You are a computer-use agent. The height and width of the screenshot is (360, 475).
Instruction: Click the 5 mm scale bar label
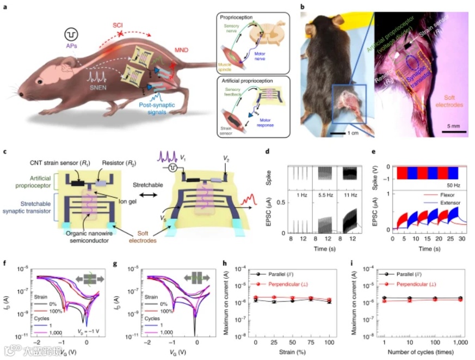[455, 126]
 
